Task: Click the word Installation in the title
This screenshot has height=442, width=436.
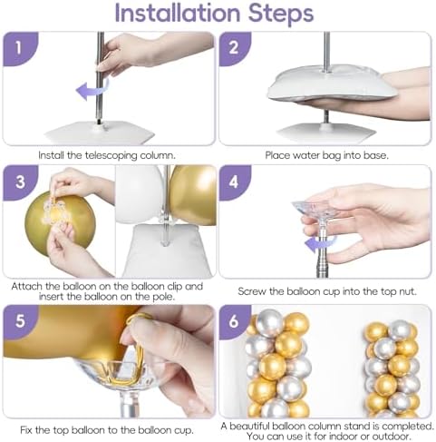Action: tap(178, 13)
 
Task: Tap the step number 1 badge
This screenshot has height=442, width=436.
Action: tap(19, 48)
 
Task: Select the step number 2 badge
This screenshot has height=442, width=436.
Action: tap(234, 48)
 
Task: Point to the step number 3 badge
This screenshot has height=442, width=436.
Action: tap(20, 182)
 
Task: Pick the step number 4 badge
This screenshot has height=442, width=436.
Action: tap(234, 182)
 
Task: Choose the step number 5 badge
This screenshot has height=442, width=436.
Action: tap(20, 320)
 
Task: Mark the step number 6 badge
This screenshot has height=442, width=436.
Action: tap(234, 320)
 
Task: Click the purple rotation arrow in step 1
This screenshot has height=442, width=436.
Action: tap(92, 89)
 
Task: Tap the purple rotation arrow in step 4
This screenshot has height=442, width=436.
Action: tap(320, 244)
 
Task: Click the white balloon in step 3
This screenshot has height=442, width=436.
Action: tap(140, 193)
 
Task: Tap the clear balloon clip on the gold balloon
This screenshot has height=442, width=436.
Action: tap(56, 212)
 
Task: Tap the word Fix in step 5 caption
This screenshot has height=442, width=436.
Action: tap(26, 430)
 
